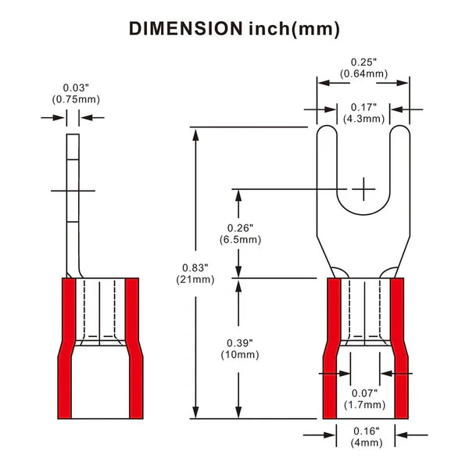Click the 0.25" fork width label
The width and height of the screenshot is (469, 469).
coord(363,62)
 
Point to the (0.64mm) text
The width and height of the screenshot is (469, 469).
coord(363,73)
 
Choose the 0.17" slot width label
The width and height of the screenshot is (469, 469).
coord(363,107)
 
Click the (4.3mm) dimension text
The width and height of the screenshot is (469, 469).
coord(363,119)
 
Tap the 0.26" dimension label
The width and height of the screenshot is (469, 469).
coord(235,227)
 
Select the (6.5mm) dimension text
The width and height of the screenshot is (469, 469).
coord(235,239)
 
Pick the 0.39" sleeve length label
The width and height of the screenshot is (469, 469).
coord(235,343)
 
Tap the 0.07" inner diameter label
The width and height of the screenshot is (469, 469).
coord(363,392)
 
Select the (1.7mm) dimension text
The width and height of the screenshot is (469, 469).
coord(363,404)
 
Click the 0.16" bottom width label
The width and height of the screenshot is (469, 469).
coord(363,431)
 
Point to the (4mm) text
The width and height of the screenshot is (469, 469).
coord(363,442)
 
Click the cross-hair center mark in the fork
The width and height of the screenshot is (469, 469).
coord(363,188)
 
